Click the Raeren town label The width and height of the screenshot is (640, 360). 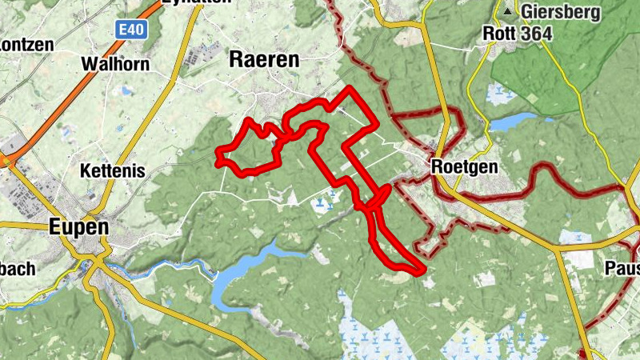[x=263, y=59]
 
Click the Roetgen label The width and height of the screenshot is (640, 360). [x=463, y=167]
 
